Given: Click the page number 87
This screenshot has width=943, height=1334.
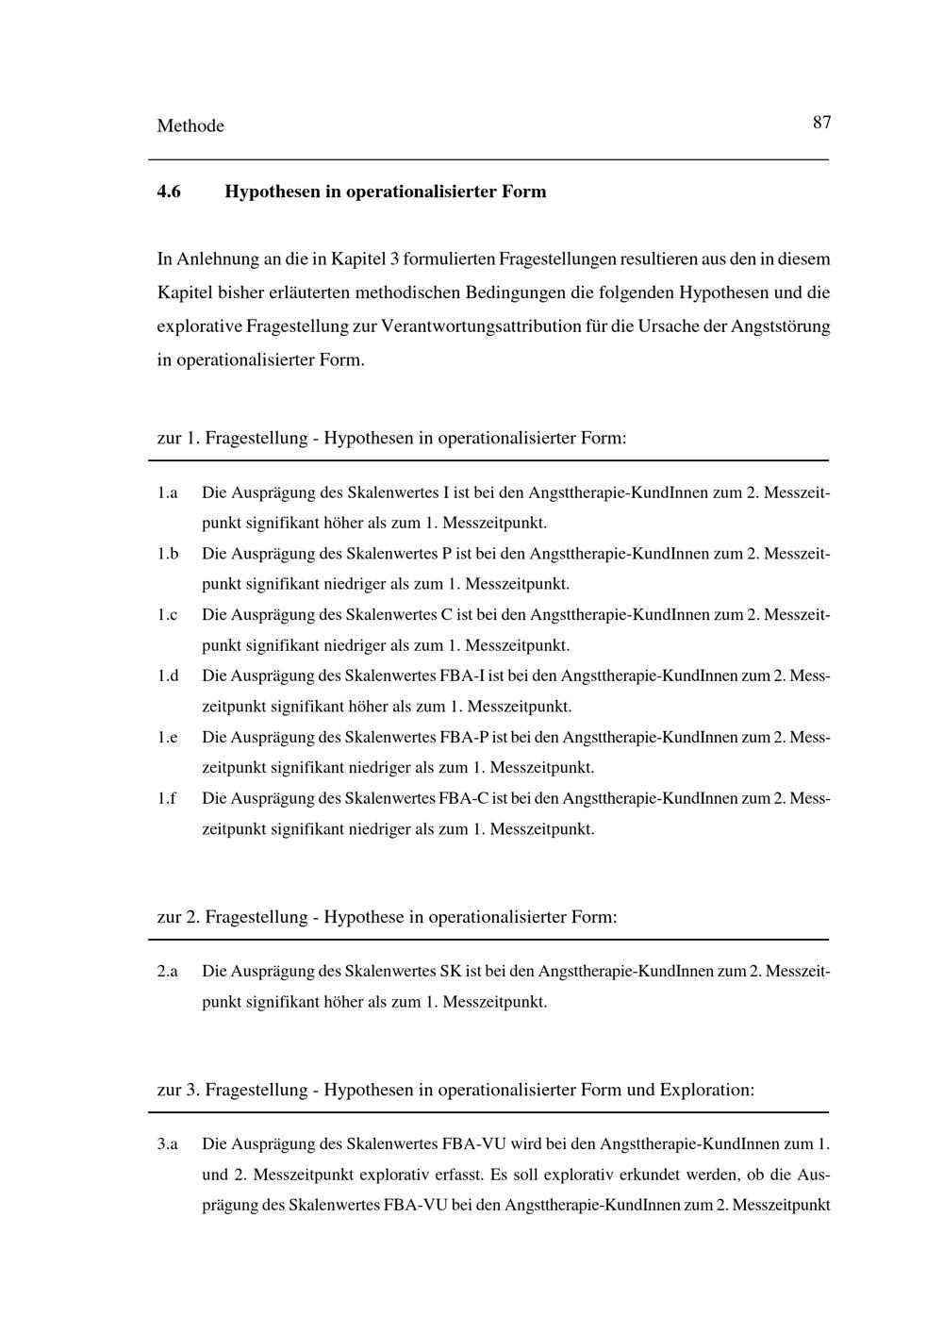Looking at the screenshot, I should click(x=820, y=123).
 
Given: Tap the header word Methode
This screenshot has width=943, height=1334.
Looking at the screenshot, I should click(x=190, y=126).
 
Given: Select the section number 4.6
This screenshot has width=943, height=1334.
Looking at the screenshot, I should click(x=169, y=192).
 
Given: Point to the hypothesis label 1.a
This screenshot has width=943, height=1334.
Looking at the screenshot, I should click(x=168, y=493).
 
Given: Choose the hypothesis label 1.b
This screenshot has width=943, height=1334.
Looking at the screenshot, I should click(x=168, y=554).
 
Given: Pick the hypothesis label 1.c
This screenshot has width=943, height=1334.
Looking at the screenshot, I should click(x=168, y=615).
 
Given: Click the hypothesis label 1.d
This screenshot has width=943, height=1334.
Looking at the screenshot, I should click(x=168, y=676).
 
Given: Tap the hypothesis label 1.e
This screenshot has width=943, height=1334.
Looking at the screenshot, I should click(x=168, y=738).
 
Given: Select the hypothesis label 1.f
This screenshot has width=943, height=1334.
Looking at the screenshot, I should click(x=167, y=799).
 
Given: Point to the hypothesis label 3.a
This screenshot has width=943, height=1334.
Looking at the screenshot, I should click(x=168, y=1144).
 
